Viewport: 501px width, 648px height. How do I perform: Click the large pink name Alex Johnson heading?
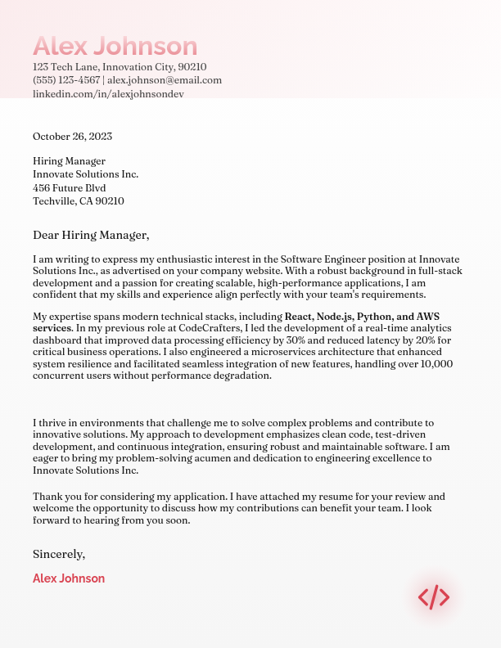[x=115, y=46]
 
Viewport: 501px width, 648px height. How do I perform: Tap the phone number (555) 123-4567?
[x=66, y=80]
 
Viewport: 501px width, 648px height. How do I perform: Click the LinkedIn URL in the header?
[x=108, y=94]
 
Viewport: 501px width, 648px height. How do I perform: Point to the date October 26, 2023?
[x=72, y=137]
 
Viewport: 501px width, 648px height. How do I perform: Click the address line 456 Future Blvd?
[x=69, y=187]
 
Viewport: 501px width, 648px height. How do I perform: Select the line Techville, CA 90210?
[x=78, y=200]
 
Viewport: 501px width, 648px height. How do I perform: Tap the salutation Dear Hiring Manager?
[x=91, y=235]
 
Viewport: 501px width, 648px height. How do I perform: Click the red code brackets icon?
[x=434, y=597]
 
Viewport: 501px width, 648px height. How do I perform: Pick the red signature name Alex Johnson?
[x=69, y=578]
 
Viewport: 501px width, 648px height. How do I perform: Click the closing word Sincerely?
[x=58, y=554]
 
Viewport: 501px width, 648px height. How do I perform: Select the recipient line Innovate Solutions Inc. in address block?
[x=85, y=174]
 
